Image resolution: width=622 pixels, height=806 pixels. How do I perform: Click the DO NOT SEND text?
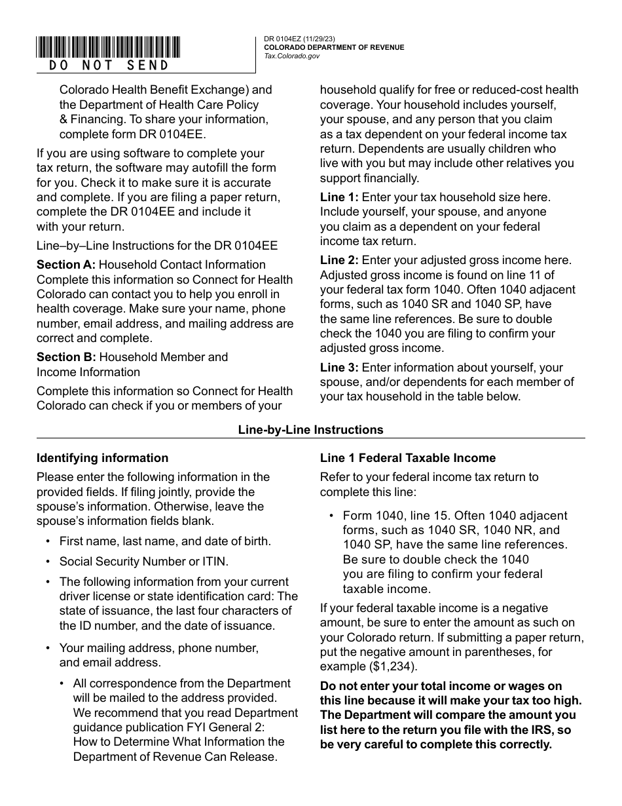(109, 66)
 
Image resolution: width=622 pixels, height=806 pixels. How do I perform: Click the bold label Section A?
(66, 265)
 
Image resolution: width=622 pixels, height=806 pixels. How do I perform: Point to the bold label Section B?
(66, 357)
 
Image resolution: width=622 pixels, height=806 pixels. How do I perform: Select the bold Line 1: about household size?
(339, 197)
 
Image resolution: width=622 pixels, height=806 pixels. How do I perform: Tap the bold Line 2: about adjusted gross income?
(339, 261)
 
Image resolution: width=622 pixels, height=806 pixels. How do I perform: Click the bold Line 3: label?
(339, 368)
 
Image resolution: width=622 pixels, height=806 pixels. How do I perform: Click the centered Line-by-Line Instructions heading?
(310, 431)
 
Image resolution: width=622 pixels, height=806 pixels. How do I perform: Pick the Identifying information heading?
(102, 458)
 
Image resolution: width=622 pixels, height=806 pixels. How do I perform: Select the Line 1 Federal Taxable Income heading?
(407, 458)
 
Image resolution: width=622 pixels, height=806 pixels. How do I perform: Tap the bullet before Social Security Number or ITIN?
(48, 562)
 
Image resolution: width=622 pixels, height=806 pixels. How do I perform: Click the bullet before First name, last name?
(48, 542)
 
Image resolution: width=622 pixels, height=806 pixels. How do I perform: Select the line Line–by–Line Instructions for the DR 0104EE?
(157, 246)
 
